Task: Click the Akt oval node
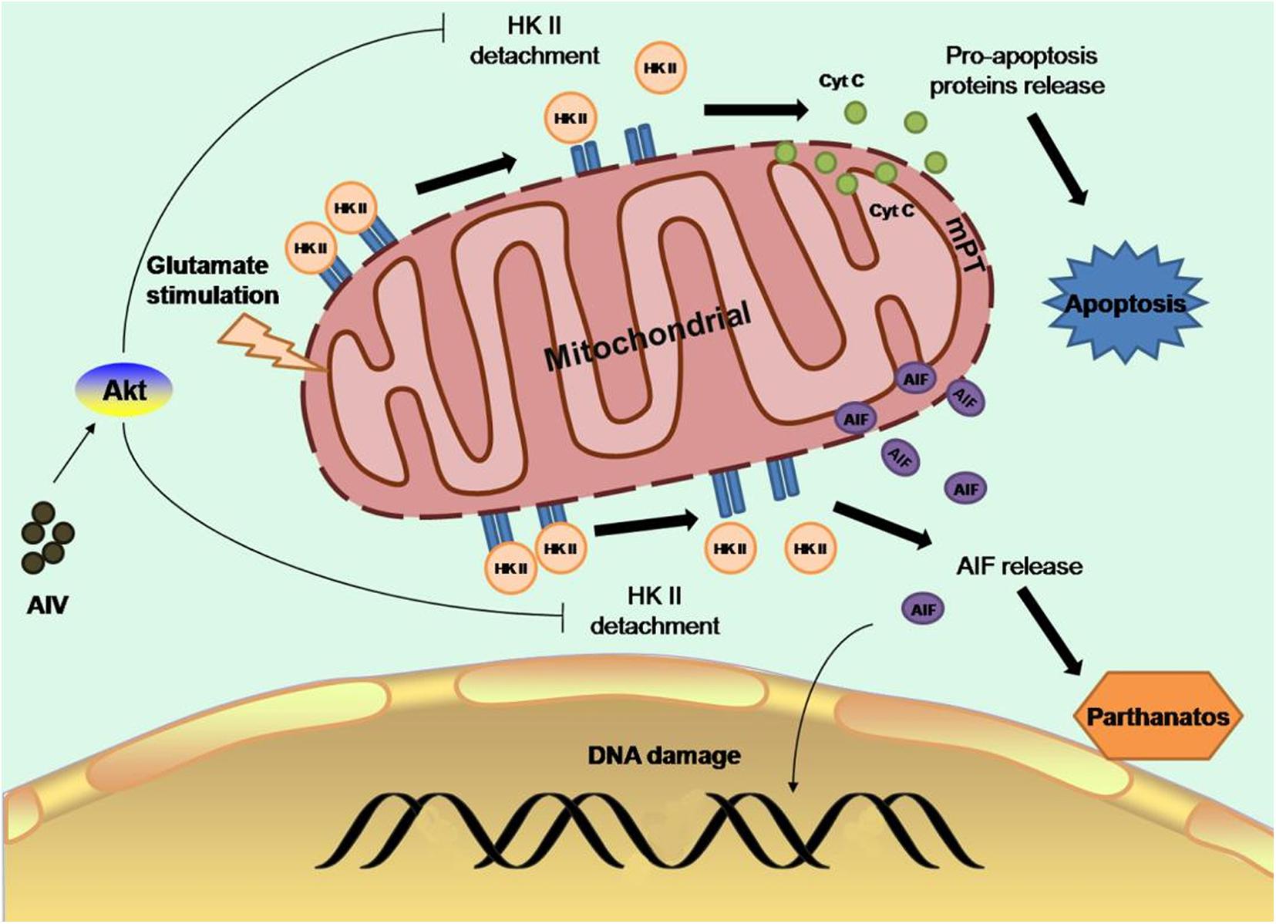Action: click(123, 389)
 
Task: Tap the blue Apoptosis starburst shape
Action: click(1124, 303)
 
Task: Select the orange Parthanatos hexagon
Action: click(1156, 717)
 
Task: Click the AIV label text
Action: click(47, 605)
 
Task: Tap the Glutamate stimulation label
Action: click(212, 280)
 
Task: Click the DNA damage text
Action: click(664, 754)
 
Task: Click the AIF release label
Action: click(1018, 566)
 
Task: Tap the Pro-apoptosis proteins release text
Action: click(1018, 70)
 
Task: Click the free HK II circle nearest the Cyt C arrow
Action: click(661, 68)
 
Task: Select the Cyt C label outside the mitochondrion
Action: click(841, 81)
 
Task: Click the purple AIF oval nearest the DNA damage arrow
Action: click(923, 609)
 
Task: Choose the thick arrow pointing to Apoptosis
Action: click(1056, 158)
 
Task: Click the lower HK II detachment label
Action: click(655, 610)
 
